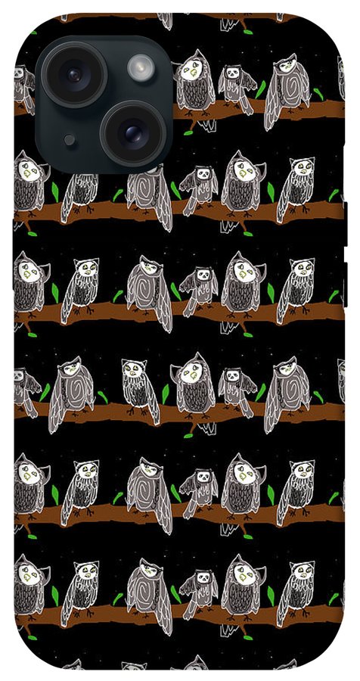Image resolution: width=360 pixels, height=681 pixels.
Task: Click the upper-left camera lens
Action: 73,74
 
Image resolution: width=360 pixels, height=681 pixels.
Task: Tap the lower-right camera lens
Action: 133,133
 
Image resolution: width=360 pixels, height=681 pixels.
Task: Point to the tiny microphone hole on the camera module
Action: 70,140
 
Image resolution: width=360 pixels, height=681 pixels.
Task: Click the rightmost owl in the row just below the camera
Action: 296,188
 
